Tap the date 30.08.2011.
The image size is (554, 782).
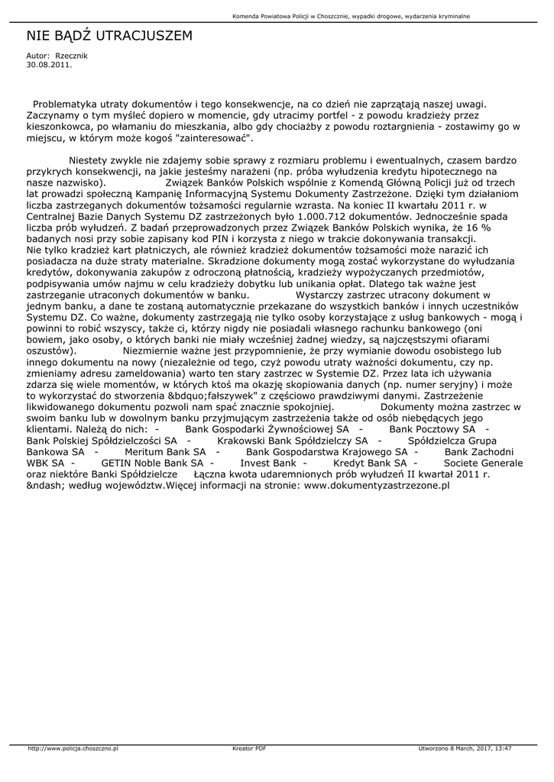[49, 65]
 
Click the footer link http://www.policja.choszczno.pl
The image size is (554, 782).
[73, 748]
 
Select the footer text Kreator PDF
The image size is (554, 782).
[249, 748]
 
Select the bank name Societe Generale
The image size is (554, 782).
[483, 462]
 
